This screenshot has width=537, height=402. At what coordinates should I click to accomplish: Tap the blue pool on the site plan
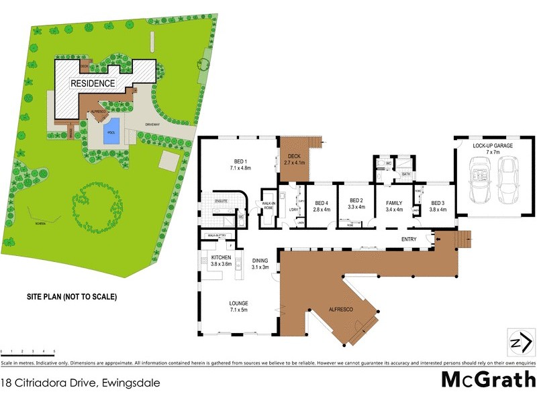(111, 128)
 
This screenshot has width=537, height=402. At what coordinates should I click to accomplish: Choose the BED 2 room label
(356, 204)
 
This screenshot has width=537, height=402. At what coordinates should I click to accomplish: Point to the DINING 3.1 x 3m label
(260, 264)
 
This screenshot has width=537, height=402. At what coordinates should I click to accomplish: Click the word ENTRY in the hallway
(409, 239)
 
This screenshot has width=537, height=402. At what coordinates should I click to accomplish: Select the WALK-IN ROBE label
(268, 206)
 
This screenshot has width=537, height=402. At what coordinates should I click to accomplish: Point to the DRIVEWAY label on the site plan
(152, 124)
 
